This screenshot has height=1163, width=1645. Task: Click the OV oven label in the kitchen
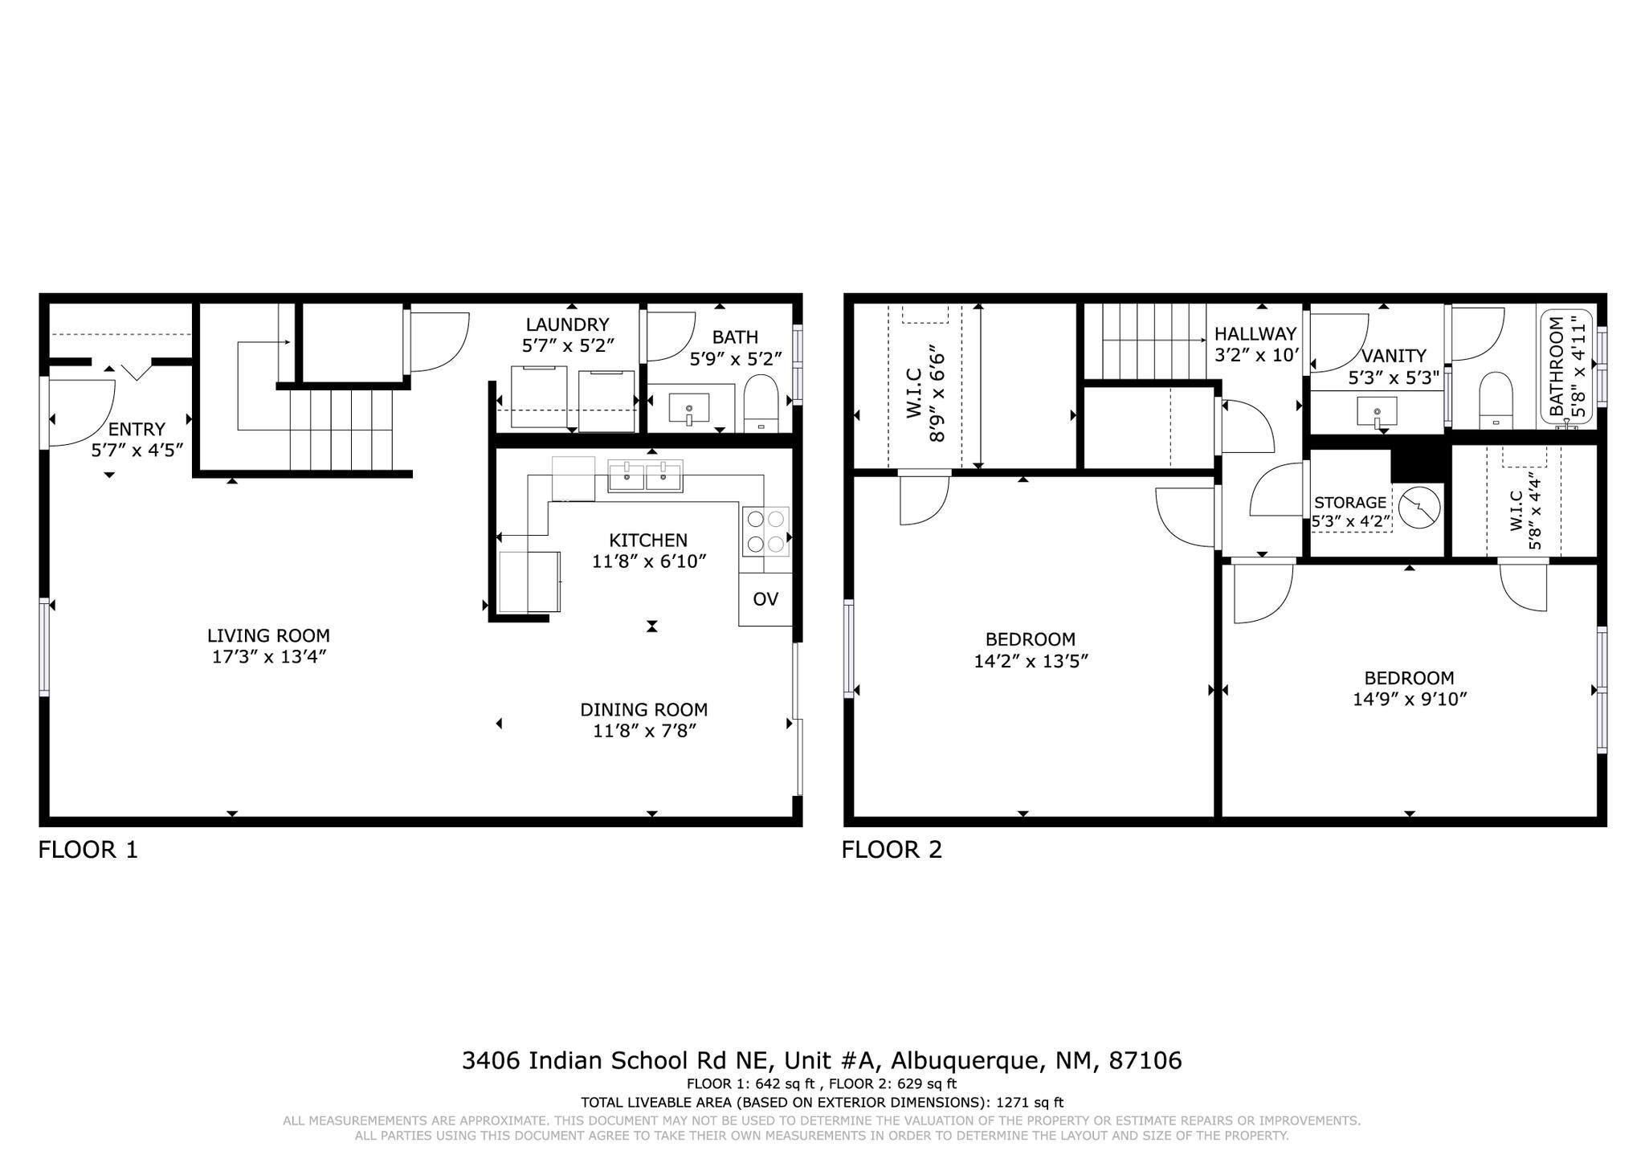(x=765, y=599)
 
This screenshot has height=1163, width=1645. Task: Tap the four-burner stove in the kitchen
(x=765, y=532)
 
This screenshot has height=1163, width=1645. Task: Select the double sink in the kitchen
(x=645, y=476)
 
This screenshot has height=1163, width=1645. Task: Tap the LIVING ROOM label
(x=268, y=635)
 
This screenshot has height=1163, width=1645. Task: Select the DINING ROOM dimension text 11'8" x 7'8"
(x=644, y=731)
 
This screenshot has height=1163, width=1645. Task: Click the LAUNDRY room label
(x=567, y=324)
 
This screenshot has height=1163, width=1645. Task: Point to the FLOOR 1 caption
(x=88, y=850)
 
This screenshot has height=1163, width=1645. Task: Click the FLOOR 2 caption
(x=892, y=850)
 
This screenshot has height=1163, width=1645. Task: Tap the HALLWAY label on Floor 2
(x=1255, y=333)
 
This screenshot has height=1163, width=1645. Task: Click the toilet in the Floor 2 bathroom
(x=1496, y=398)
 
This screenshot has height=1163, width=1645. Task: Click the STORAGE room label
(x=1349, y=503)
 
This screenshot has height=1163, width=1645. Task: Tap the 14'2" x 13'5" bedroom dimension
(x=1031, y=661)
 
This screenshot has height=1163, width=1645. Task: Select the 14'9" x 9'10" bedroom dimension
(x=1409, y=700)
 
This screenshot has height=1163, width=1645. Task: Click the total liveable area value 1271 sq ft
(x=1030, y=1103)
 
